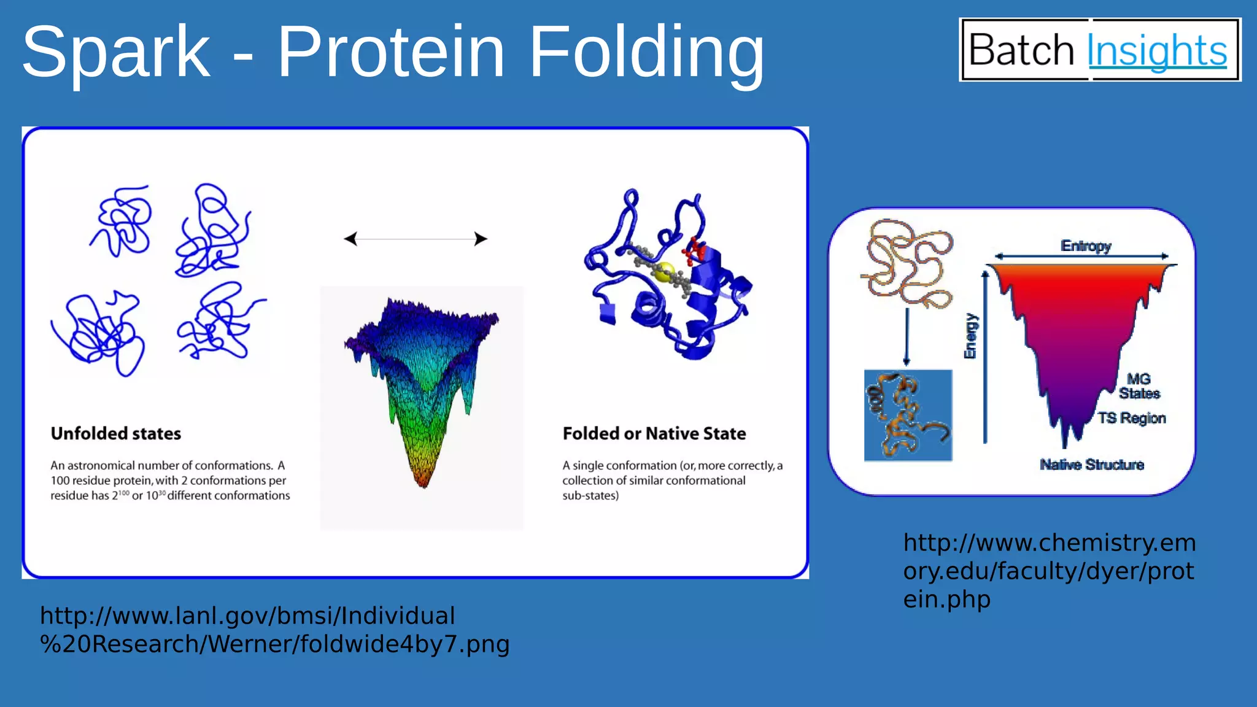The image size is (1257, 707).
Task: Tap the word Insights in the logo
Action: (x=1157, y=50)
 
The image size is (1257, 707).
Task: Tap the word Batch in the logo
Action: (x=1021, y=50)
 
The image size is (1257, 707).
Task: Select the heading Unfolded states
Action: (x=116, y=433)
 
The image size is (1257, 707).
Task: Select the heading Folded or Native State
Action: (x=654, y=433)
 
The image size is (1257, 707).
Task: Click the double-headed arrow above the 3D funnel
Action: (x=416, y=239)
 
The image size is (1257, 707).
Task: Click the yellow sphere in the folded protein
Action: (x=664, y=272)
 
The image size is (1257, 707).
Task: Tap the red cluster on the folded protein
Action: (x=696, y=249)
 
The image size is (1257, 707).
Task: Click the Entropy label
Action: (x=1086, y=246)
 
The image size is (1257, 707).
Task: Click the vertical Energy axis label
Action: (x=970, y=336)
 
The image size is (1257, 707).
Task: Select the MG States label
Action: (x=1139, y=386)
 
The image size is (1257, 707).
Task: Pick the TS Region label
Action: (x=1132, y=418)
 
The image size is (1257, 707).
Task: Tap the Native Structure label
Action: (x=1092, y=465)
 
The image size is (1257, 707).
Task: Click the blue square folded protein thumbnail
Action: (x=908, y=415)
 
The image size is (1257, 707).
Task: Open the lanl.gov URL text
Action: (x=274, y=630)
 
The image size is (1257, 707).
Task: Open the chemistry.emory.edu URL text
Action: (x=1049, y=571)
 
